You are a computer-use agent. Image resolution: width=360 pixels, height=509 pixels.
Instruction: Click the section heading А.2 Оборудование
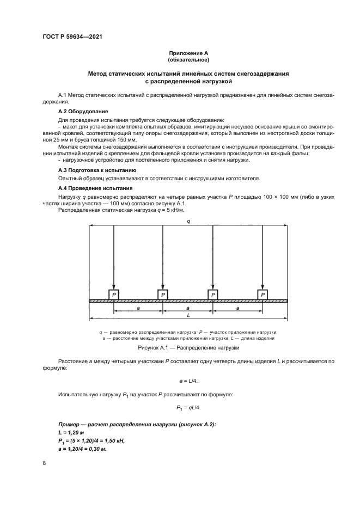click(x=73, y=111)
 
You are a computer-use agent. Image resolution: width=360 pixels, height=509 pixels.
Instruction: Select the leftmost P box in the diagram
click(x=113, y=295)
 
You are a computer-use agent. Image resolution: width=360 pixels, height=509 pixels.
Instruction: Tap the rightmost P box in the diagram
click(x=263, y=295)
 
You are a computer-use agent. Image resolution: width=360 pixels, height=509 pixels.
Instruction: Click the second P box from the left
click(x=163, y=295)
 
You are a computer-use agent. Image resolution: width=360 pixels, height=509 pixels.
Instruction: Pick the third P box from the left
click(x=213, y=295)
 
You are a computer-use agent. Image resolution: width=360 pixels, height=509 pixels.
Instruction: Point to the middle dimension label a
click(x=188, y=308)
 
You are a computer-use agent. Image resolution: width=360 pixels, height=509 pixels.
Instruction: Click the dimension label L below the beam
click(x=188, y=315)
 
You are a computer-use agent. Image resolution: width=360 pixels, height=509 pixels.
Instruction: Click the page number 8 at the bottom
click(x=44, y=463)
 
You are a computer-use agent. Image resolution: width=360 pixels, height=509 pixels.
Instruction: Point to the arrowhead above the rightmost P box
click(x=263, y=287)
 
